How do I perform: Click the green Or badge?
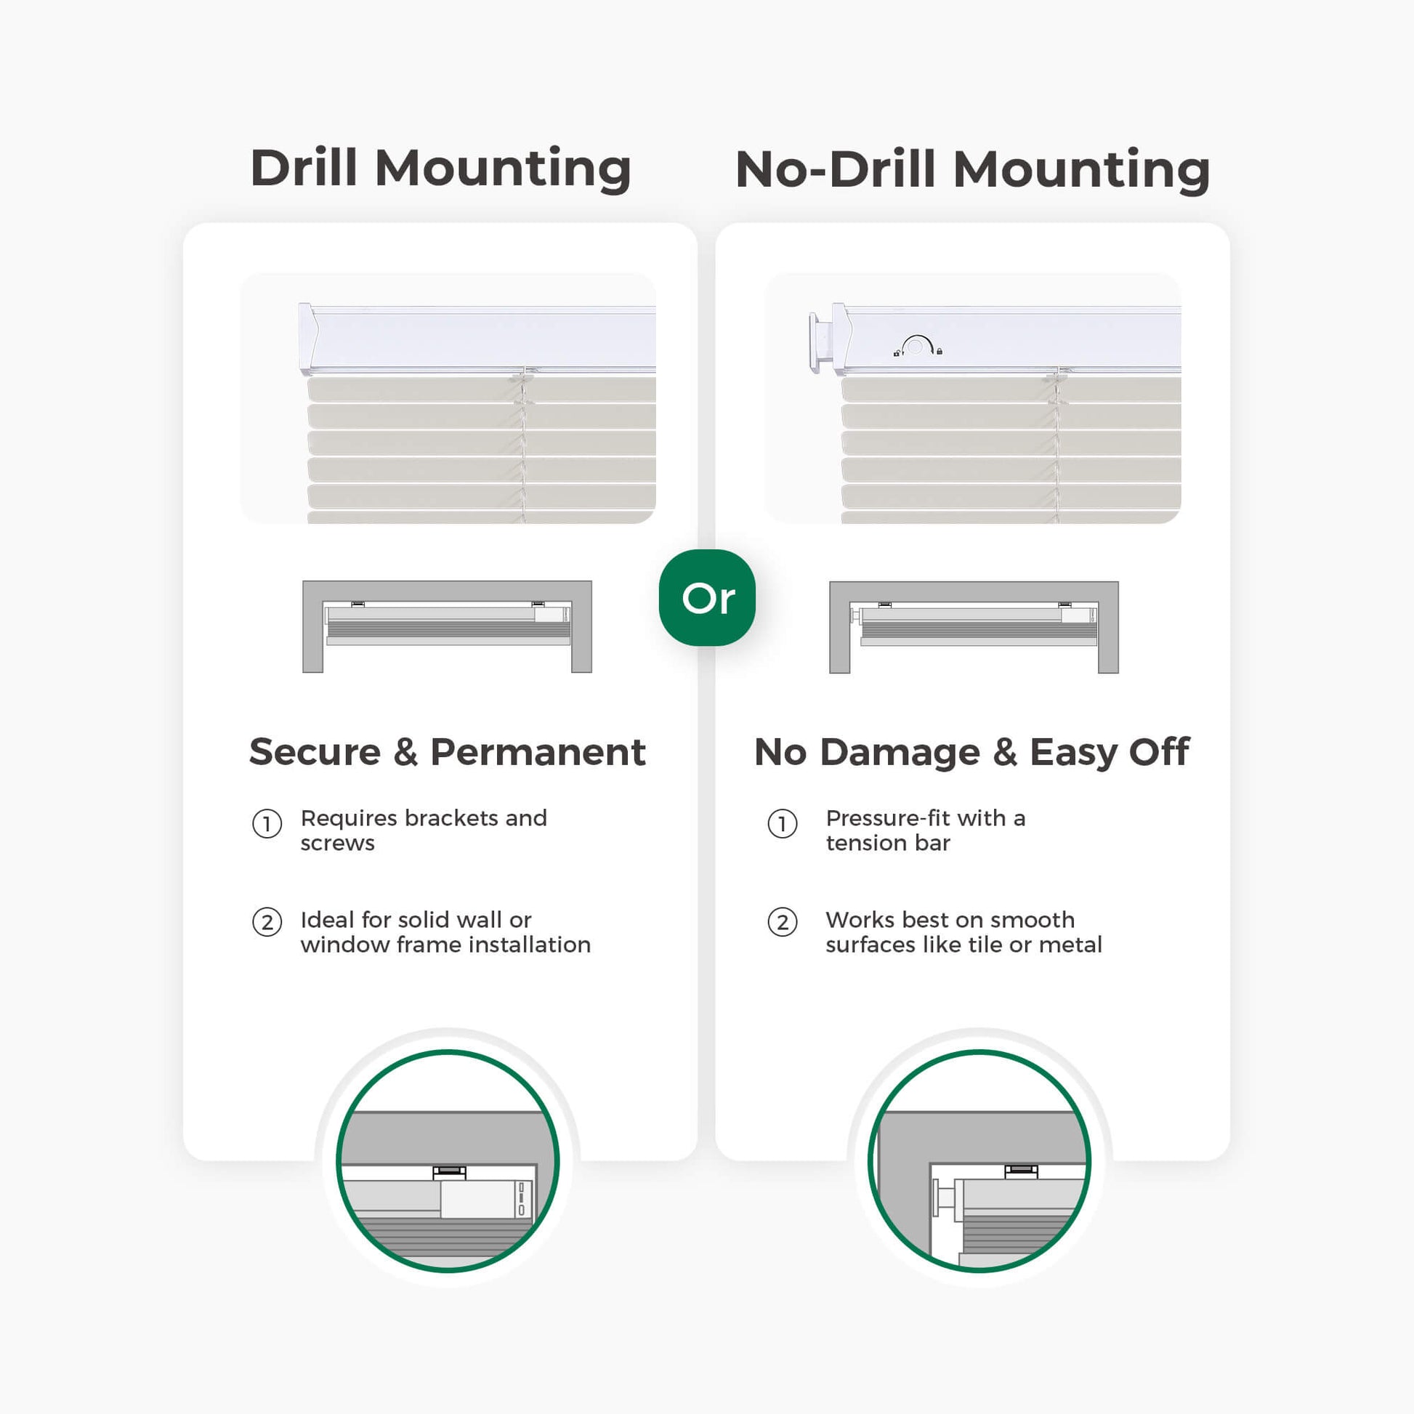tap(707, 597)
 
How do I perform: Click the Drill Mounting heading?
tap(440, 169)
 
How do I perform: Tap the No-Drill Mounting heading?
tap(973, 169)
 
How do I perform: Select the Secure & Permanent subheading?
tap(447, 751)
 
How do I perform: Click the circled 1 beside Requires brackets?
tap(267, 824)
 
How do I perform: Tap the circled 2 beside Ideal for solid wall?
tap(267, 922)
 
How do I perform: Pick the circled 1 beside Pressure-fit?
tap(783, 824)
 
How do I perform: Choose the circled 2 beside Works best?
tap(783, 922)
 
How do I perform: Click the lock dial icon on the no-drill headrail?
tap(917, 345)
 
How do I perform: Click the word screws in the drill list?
tap(337, 844)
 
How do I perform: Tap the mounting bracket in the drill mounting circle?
tap(449, 1172)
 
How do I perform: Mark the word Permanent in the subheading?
tap(538, 751)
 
